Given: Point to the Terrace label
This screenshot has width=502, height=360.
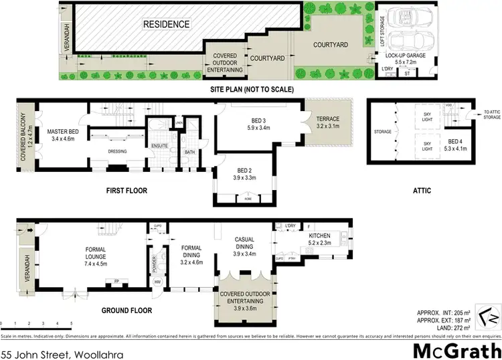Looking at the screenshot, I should coord(328,122).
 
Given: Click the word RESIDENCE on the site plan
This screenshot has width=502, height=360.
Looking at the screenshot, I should coord(167,25).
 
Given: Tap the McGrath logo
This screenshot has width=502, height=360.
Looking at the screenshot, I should coord(456,350).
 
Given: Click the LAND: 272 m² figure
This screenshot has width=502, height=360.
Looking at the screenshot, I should coord(453,327).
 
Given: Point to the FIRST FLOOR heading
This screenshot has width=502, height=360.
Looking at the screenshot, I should coord(127,191).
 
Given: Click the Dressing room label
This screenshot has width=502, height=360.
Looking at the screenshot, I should coord(118,151).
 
